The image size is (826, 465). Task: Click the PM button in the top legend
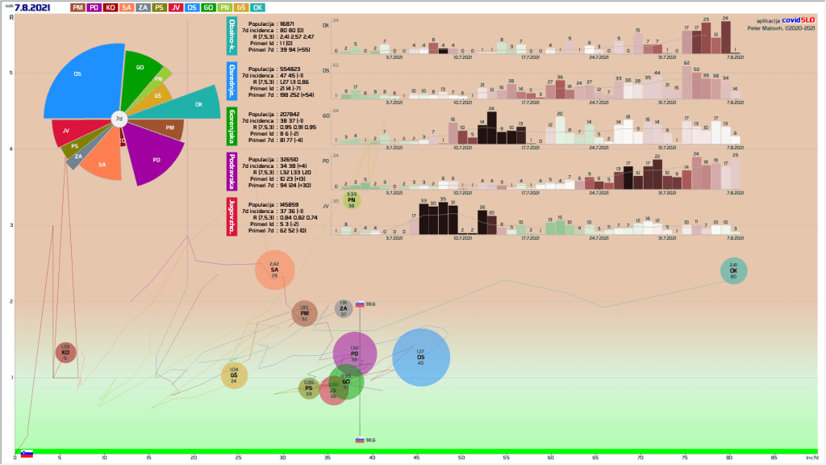coord(79,7)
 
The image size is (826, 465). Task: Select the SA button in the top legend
coord(128,7)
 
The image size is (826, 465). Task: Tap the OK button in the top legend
coord(257,7)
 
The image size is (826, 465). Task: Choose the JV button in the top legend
coord(176,7)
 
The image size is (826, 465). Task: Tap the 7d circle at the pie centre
coord(119,119)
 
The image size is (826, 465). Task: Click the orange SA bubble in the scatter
coord(274,270)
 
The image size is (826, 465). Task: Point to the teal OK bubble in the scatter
coord(733,270)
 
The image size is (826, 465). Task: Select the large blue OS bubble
coord(420,358)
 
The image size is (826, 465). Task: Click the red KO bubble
coord(65,352)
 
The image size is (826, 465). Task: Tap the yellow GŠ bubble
coord(234,375)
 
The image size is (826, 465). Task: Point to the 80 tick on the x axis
coord(728,459)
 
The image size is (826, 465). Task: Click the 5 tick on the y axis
coord(10,73)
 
